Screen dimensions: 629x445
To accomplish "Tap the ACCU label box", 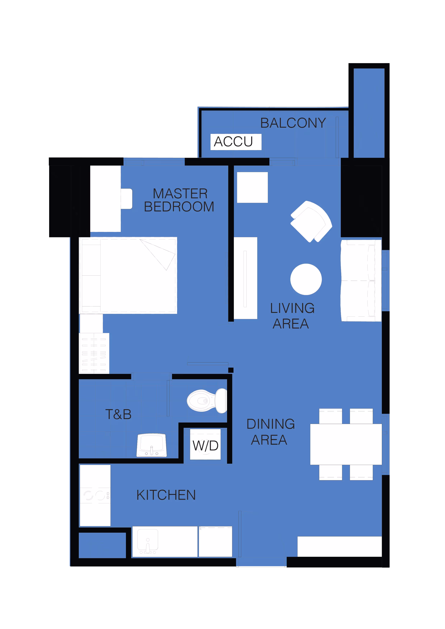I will [236, 142].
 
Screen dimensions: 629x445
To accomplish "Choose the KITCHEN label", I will [166, 495].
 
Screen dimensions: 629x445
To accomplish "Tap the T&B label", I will [118, 414].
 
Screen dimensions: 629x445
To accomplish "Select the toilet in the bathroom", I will [207, 401].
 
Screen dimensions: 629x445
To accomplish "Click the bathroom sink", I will [152, 445].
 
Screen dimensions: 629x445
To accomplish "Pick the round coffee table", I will [306, 279].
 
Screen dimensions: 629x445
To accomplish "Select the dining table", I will [346, 444].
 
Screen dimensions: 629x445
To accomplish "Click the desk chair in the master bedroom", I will [127, 199].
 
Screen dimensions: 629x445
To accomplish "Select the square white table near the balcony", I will [252, 187].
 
